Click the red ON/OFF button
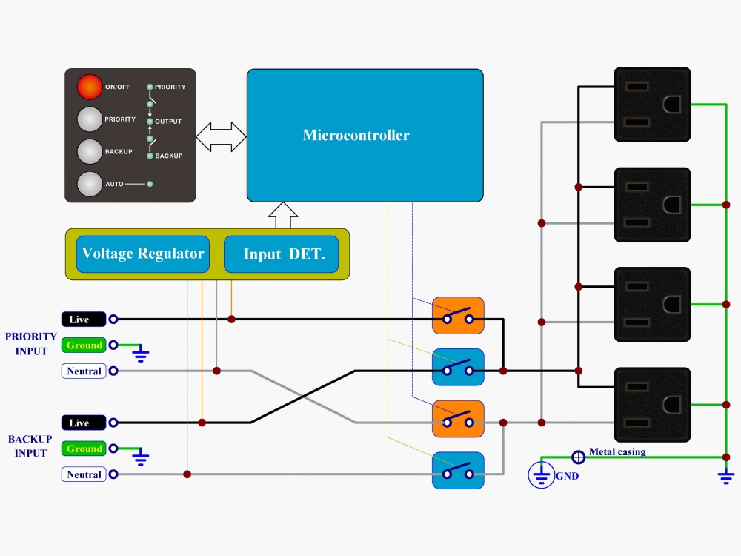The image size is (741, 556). click(90, 87)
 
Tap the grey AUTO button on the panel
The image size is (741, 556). click(90, 184)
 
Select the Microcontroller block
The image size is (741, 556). click(365, 136)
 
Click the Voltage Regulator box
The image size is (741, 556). click(143, 254)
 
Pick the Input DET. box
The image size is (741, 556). click(281, 254)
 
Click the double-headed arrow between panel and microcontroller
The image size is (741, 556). click(221, 136)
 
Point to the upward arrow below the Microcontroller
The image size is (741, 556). click(283, 216)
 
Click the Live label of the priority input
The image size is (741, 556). click(84, 319)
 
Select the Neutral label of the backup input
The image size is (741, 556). click(84, 474)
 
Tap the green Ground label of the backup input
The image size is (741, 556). click(84, 449)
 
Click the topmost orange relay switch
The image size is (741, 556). click(458, 315)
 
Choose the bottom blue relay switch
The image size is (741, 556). click(458, 471)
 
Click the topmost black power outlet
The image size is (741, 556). click(652, 105)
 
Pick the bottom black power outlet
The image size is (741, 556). click(652, 405)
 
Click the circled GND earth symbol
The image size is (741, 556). click(541, 474)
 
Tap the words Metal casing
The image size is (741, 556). click(617, 451)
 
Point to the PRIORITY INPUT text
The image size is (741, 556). click(30, 344)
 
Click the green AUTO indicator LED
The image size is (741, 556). click(150, 184)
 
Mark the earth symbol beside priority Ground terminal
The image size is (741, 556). click(140, 353)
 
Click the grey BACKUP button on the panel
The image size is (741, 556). click(90, 151)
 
